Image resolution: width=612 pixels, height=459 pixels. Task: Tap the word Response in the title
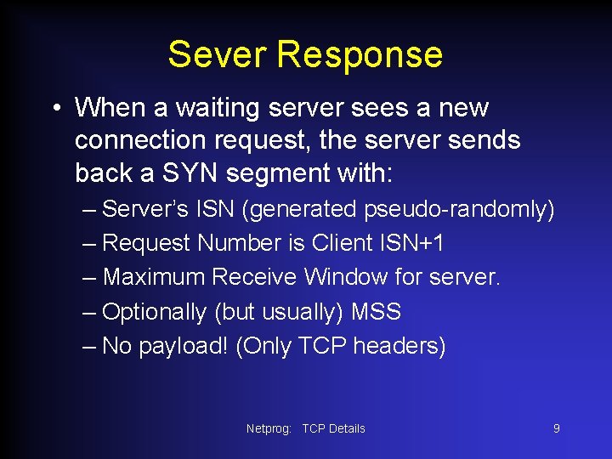click(360, 54)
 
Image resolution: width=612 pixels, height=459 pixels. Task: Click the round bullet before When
click(55, 109)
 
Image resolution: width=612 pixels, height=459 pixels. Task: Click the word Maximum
click(154, 277)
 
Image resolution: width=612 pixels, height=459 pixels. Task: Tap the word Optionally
click(154, 312)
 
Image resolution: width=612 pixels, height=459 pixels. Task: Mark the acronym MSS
click(375, 312)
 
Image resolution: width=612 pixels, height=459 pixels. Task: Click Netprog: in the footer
click(269, 428)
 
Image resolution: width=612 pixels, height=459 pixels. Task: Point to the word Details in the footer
click(347, 428)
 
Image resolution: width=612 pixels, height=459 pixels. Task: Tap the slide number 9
click(557, 428)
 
